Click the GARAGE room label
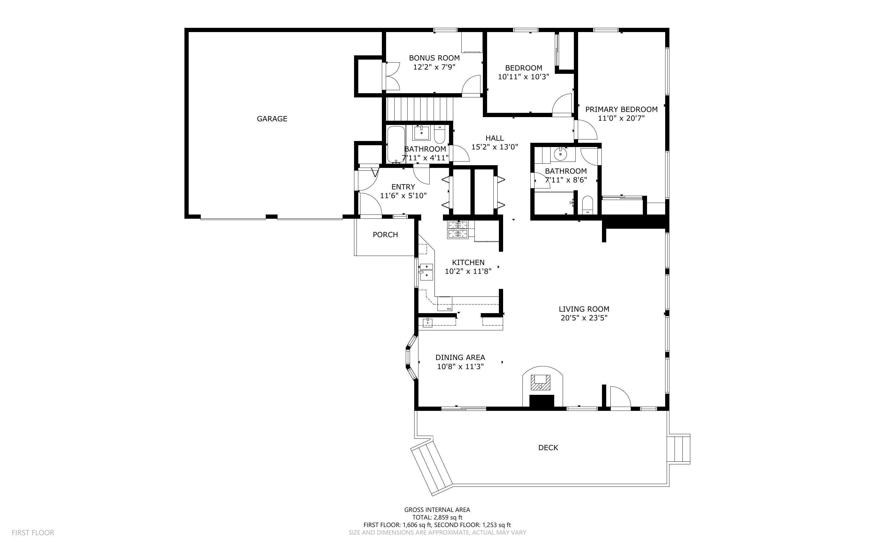pos(272,119)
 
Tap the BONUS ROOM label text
pos(434,58)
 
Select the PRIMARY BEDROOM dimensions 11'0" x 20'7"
pos(621,118)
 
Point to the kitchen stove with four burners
pos(458,229)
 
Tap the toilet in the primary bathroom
pos(587,205)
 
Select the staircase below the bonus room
pos(419,109)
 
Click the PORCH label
pos(385,235)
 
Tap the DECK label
pos(548,448)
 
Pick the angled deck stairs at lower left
pos(431,467)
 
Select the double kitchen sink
pos(427,271)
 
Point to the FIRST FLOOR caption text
pos(33,532)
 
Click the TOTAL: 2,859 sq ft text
pos(437,517)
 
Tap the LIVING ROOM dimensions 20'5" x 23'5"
pos(584,318)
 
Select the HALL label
pos(494,138)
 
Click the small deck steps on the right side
pos(678,449)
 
